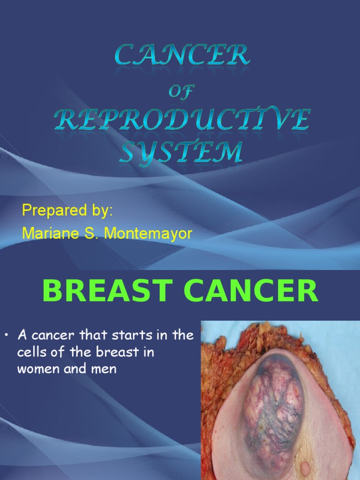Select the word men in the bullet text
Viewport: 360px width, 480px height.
(x=105, y=369)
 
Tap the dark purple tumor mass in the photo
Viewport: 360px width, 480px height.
(x=274, y=403)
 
